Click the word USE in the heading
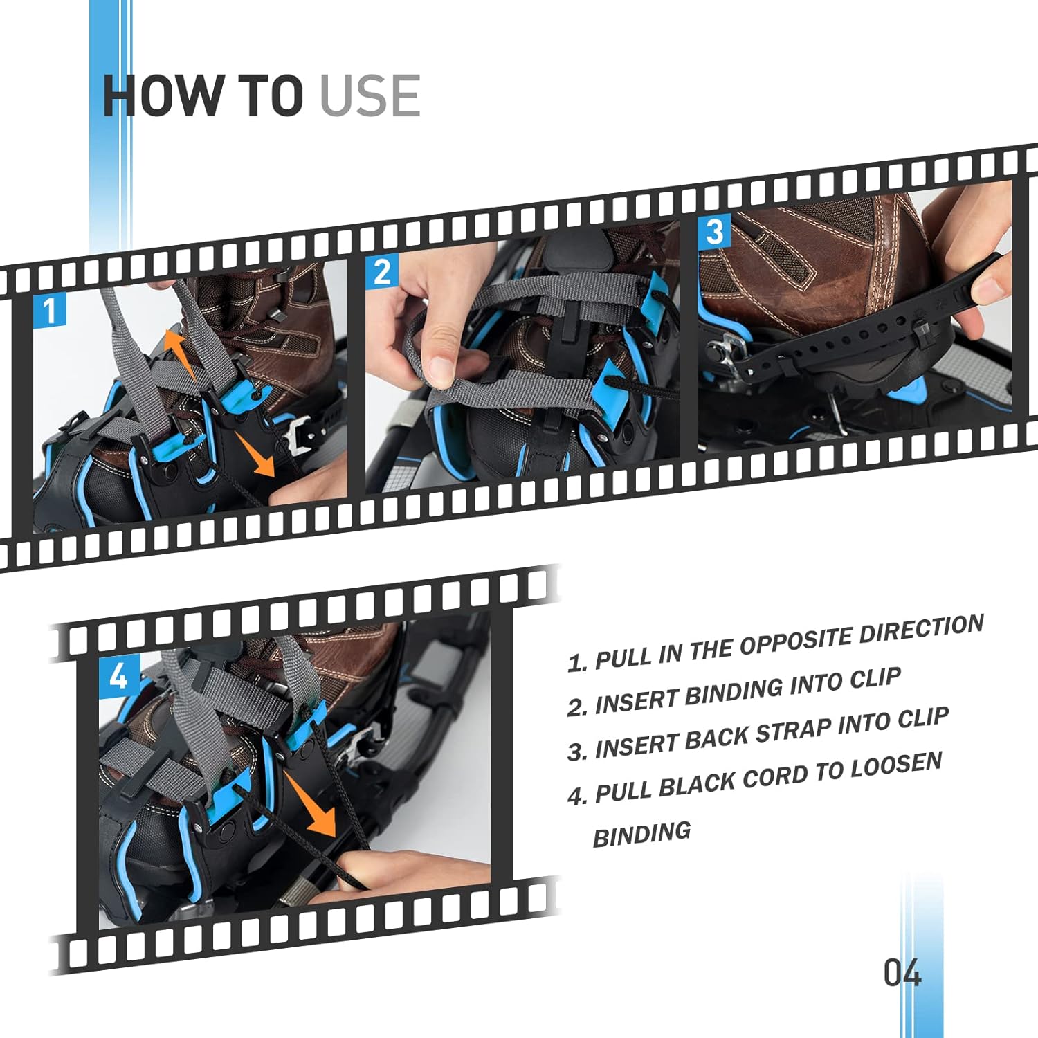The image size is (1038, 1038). point(370,95)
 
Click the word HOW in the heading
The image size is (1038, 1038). point(163,95)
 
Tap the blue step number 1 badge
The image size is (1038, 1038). point(50,311)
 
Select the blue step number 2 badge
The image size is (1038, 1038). point(382,271)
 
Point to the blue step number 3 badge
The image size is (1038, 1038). point(714,232)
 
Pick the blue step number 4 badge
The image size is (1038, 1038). point(119,675)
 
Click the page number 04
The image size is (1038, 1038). point(902,972)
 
